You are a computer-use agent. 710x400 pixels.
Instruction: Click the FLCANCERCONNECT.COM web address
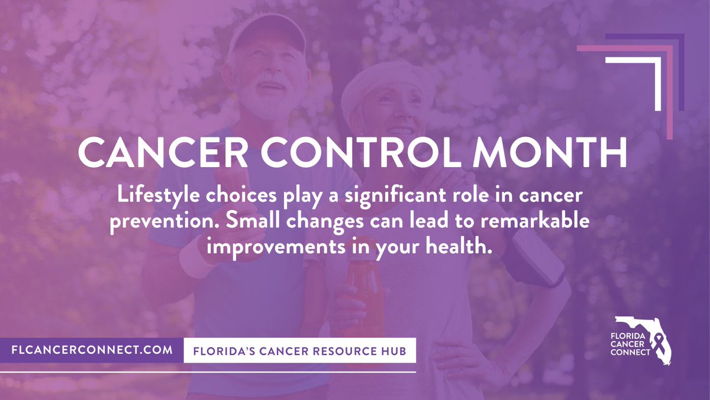92,350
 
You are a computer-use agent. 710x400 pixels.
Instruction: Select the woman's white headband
379,83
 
